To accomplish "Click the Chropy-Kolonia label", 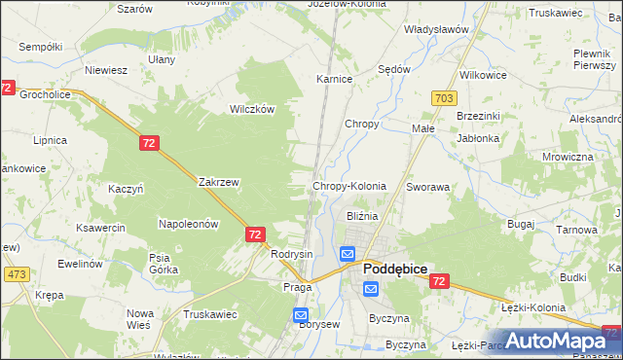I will (348, 186).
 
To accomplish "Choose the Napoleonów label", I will (189, 224).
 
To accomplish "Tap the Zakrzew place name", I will (218, 182).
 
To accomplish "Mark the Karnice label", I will (334, 79).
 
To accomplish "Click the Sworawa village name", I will (428, 186).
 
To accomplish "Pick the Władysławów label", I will (437, 29).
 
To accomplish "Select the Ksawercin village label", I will (102, 228).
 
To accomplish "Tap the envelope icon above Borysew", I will (301, 315).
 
